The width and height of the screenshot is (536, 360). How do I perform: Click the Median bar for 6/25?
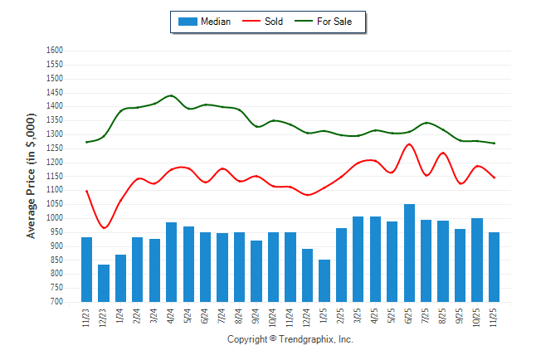click(x=409, y=253)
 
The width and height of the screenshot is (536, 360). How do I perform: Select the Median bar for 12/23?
click(x=104, y=283)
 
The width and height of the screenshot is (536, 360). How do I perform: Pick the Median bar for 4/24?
click(x=171, y=262)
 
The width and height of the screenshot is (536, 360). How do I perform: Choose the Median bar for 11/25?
click(x=495, y=267)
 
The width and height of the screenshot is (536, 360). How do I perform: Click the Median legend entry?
click(x=204, y=22)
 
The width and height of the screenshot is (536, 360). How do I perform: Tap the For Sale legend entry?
click(x=324, y=22)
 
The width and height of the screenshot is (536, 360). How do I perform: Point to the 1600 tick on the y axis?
click(x=55, y=50)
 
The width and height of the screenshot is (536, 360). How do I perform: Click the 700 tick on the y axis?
click(x=57, y=302)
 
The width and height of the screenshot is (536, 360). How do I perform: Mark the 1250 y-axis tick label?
click(x=55, y=148)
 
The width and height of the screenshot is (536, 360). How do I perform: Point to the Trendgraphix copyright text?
click(x=290, y=340)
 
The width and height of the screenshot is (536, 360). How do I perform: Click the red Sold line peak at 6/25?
click(x=409, y=144)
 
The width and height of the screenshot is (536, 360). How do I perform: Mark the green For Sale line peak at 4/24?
click(x=171, y=95)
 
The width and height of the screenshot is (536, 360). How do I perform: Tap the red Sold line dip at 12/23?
click(x=104, y=227)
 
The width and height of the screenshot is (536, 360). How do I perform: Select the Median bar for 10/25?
click(x=477, y=260)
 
